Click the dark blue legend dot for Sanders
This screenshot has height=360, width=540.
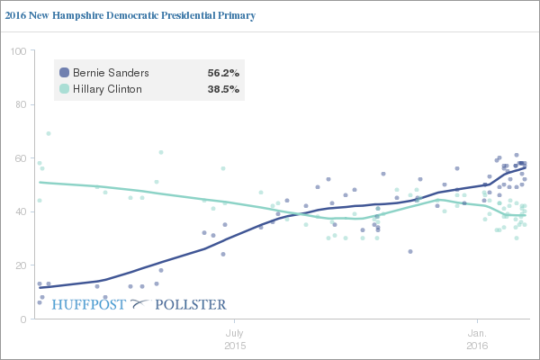pyautogui.click(x=64, y=72)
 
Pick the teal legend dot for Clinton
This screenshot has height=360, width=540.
pyautogui.click(x=64, y=90)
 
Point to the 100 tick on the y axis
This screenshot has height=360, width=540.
pyautogui.click(x=17, y=51)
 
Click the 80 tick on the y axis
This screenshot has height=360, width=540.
pyautogui.click(x=19, y=104)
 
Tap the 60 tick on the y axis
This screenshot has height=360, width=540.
pyautogui.click(x=19, y=158)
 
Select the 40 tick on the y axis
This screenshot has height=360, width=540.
pyautogui.click(x=19, y=212)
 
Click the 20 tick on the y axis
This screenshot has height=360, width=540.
pyautogui.click(x=19, y=265)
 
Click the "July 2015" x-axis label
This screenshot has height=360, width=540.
pyautogui.click(x=234, y=338)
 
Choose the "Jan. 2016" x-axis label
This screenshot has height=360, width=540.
pyautogui.click(x=479, y=338)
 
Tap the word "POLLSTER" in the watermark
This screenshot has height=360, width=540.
pyautogui.click(x=190, y=304)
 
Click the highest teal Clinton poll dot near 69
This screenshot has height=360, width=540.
pyautogui.click(x=48, y=133)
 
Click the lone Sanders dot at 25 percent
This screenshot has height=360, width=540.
pyautogui.click(x=410, y=252)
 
